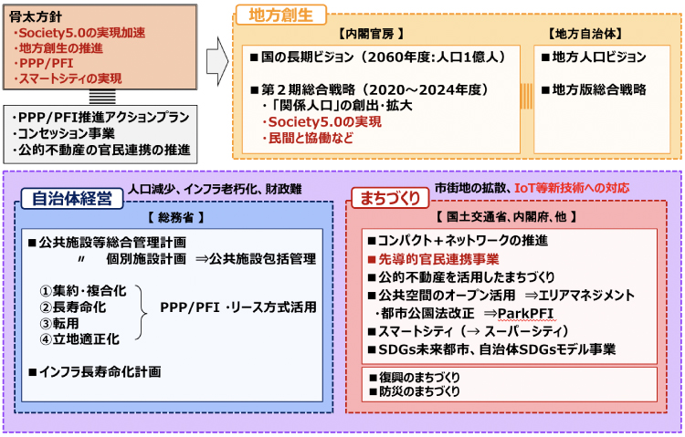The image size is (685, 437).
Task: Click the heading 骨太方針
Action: pyautogui.click(x=35, y=16)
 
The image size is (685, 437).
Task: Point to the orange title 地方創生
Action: pyautogui.click(x=277, y=16)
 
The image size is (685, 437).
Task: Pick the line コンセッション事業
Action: pyautogui.click(x=65, y=133)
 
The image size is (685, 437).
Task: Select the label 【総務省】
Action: pyautogui.click(x=174, y=218)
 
